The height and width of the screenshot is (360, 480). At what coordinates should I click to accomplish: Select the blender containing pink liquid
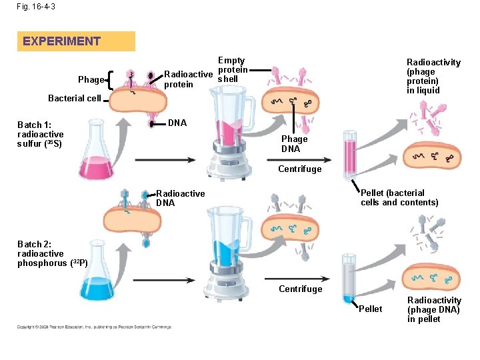(x=231, y=136)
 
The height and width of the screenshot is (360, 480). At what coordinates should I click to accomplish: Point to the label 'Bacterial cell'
(x=74, y=98)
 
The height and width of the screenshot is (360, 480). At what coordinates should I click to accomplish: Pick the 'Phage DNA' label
(x=295, y=144)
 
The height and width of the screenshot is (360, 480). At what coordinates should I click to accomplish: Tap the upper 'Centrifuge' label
(x=300, y=169)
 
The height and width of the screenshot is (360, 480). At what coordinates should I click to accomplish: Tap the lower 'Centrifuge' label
(x=300, y=289)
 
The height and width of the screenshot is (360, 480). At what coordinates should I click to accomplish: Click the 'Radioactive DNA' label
(x=180, y=198)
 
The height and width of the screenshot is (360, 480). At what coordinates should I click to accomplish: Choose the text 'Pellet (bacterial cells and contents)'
(x=399, y=198)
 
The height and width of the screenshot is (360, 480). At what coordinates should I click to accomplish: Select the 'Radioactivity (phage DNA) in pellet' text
(x=433, y=309)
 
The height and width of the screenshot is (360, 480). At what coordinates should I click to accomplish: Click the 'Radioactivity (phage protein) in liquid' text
(x=433, y=76)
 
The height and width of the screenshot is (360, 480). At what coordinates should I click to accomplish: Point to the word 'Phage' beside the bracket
(x=91, y=80)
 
